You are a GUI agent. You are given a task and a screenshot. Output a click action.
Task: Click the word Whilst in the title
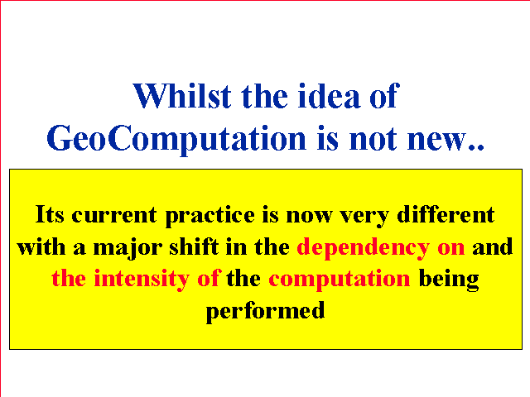pyautogui.click(x=182, y=96)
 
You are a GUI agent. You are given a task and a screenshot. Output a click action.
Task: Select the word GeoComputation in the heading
pyautogui.click(x=176, y=139)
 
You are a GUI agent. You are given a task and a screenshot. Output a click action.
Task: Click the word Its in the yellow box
pyautogui.click(x=50, y=214)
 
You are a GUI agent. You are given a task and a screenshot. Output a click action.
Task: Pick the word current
pyautogui.click(x=114, y=215)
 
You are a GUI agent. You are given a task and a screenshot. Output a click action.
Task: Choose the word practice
pyautogui.click(x=210, y=216)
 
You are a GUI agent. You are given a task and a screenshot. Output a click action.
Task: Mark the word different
pyautogui.click(x=446, y=214)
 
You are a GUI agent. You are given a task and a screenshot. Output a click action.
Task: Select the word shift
pyautogui.click(x=194, y=246)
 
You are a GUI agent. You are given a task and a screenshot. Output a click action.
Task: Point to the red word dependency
pyautogui.click(x=363, y=248)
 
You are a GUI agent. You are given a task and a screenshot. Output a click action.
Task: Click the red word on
pyautogui.click(x=450, y=249)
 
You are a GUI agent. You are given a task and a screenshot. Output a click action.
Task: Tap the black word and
pyautogui.click(x=493, y=246)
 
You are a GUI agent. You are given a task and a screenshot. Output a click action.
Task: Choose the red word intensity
pyautogui.click(x=142, y=280)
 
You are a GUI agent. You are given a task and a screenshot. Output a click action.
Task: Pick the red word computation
pyautogui.click(x=339, y=280)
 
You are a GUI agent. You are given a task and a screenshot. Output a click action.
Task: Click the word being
pyautogui.click(x=449, y=280)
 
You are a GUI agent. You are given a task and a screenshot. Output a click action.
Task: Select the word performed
pyautogui.click(x=265, y=312)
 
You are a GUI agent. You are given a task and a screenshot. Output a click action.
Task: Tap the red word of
pyautogui.click(x=209, y=278)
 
